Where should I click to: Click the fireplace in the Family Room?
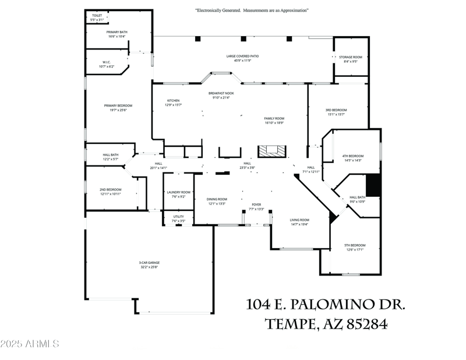click(x=273, y=151)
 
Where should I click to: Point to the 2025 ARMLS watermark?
click(x=30, y=344)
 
